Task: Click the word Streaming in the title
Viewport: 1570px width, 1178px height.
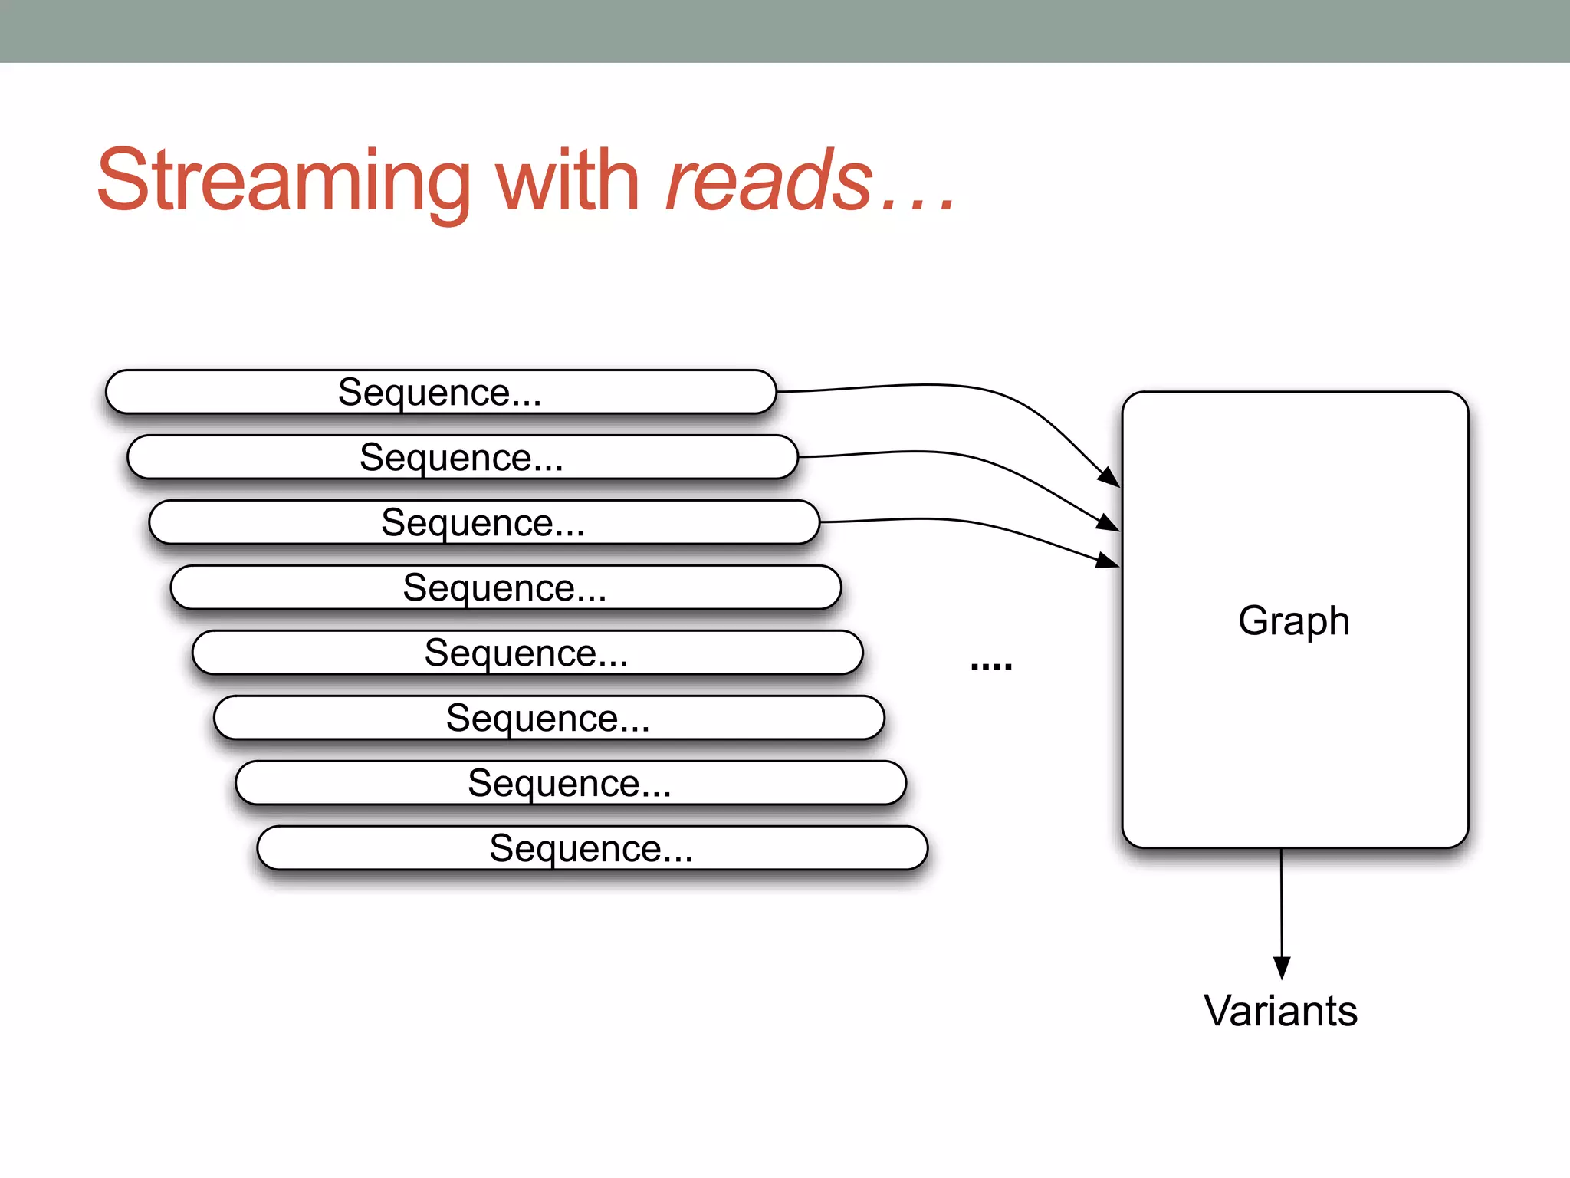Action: pyautogui.click(x=284, y=181)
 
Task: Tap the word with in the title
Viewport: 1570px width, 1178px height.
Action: pyautogui.click(x=567, y=181)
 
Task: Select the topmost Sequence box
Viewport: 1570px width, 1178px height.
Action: pyautogui.click(x=441, y=392)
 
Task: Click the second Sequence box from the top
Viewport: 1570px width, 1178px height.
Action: pyautogui.click(x=462, y=457)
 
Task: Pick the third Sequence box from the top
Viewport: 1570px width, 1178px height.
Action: pyautogui.click(x=484, y=522)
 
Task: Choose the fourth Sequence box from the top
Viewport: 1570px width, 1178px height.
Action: pyautogui.click(x=505, y=587)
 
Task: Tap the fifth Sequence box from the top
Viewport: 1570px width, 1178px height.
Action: pyautogui.click(x=527, y=653)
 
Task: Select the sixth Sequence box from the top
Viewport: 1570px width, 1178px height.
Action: pyautogui.click(x=548, y=718)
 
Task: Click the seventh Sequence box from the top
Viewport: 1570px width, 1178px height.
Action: pyautogui.click(x=570, y=783)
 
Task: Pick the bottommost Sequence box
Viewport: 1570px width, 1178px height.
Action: pyautogui.click(x=591, y=848)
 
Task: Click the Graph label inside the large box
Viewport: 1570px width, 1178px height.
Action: pyautogui.click(x=1294, y=620)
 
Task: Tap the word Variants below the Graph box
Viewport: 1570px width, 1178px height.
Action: pyautogui.click(x=1280, y=1011)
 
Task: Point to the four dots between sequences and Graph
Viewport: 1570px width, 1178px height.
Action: pyautogui.click(x=991, y=666)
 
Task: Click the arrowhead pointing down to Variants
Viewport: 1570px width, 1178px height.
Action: pyautogui.click(x=1282, y=967)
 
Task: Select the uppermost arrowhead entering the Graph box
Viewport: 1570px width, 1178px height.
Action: pyautogui.click(x=1109, y=476)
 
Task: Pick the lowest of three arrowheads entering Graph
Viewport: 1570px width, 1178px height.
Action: pyautogui.click(x=1108, y=561)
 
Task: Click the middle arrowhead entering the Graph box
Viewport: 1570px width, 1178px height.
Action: pyautogui.click(x=1109, y=522)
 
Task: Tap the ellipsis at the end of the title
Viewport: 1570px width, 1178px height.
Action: pyautogui.click(x=918, y=204)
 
